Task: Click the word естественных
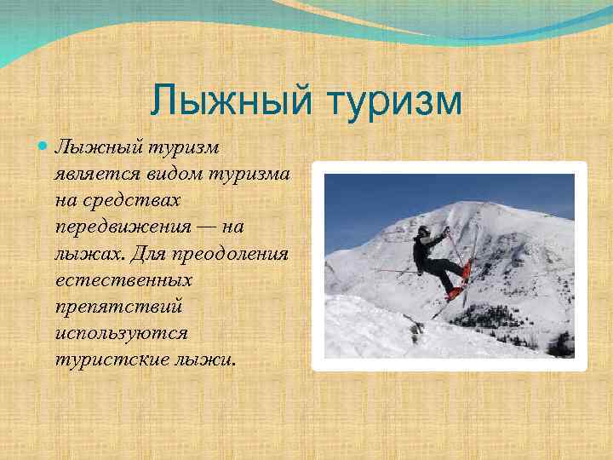pos(122,279)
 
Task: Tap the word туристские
pos(109,359)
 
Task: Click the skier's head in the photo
pos(423,231)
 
